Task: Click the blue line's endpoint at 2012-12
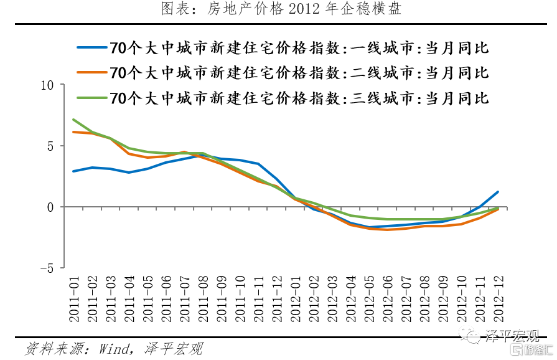(498, 192)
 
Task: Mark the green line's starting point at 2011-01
(74, 120)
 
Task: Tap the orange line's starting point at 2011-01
(74, 132)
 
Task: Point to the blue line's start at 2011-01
(74, 171)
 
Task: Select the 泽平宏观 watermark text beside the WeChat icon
(512, 337)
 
